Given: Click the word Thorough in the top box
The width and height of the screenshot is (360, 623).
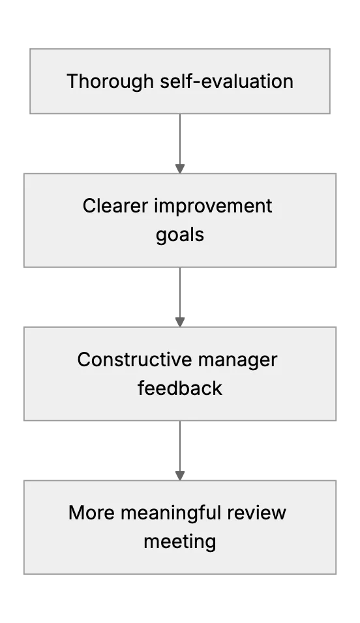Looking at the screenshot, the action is coord(110,82).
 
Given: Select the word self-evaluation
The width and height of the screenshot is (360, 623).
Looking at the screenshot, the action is coord(227,81).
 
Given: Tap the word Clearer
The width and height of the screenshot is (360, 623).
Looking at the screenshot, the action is coord(115,206).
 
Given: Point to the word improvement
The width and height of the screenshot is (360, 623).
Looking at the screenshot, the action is coord(213,207).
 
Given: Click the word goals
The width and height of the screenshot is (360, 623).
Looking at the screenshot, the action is coord(180,235).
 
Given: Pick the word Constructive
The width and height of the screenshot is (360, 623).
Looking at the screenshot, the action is coord(134,360).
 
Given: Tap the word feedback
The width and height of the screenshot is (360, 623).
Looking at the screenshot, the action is coord(180,388).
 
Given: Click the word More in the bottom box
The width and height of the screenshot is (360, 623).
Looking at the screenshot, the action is coord(91,513).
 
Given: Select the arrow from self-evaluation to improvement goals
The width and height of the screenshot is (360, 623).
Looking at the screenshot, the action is coord(180,143).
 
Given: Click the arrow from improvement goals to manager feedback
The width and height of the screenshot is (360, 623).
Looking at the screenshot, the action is coord(180,297).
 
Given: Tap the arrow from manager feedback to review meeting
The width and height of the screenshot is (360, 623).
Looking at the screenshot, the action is coord(180,450).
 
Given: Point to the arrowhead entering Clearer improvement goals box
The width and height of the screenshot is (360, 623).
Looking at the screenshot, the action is coord(180,169).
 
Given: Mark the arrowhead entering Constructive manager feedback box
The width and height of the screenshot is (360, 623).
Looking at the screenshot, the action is coord(180,322).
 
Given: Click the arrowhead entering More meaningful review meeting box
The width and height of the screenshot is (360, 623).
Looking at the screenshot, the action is coord(180,476).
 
